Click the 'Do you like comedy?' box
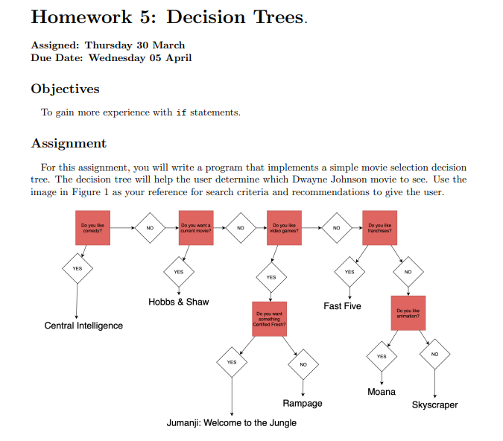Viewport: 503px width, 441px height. tap(92, 227)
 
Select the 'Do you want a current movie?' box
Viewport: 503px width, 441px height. tap(196, 227)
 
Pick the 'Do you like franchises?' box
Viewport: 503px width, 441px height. tap(379, 227)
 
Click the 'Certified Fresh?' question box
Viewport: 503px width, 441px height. tap(270, 318)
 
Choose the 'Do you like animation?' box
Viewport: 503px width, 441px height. tap(408, 313)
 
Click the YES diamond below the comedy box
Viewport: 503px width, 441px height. tap(77, 268)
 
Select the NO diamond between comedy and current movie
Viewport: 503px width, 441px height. tap(149, 227)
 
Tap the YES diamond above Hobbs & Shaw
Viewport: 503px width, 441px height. tap(179, 272)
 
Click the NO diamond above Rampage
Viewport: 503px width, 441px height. tap(303, 364)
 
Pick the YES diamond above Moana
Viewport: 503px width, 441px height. tap(382, 357)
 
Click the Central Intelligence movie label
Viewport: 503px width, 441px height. tap(83, 326)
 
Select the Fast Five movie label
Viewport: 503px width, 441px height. tap(342, 306)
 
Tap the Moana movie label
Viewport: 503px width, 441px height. tap(382, 392)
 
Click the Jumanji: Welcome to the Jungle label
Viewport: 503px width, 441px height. tap(231, 423)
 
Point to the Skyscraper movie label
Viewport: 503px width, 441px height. tap(434, 405)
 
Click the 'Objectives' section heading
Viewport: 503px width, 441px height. tap(65, 89)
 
